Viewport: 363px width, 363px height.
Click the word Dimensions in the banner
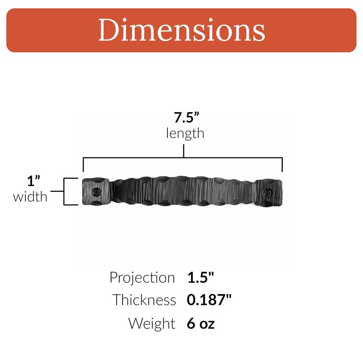pos(182,30)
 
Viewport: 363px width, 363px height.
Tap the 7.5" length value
pos(186,118)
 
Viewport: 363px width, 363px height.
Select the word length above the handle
pos(185,133)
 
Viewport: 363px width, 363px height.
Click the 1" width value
pos(34,181)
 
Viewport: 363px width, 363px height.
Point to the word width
pos(30,197)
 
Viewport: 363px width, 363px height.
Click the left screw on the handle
pos(97,192)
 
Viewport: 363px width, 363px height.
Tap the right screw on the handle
pos(268,192)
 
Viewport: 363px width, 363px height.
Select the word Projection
pos(142,278)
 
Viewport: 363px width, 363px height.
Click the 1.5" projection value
pos(201,277)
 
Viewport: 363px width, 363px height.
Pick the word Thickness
pos(144,300)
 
